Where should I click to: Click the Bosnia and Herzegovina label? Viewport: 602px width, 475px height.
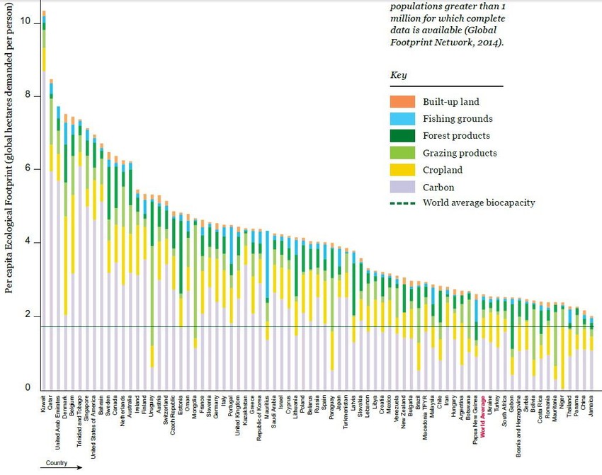tap(519, 425)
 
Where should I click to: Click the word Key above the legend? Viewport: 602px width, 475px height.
tap(398, 75)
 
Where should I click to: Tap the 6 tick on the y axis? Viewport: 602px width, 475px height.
tap(27, 168)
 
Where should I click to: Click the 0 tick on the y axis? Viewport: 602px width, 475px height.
tap(27, 387)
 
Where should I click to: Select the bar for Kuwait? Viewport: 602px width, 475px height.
tap(44, 212)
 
